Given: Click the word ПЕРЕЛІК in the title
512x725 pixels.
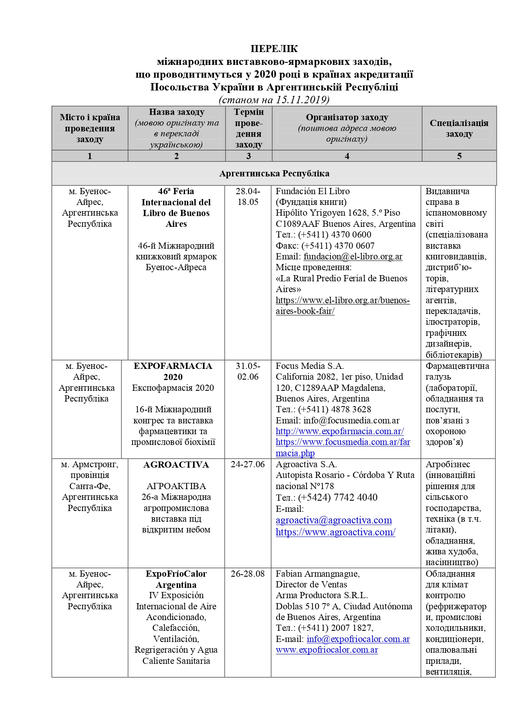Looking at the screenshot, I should pos(274,49).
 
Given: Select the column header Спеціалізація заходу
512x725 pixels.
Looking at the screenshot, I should pos(459,128).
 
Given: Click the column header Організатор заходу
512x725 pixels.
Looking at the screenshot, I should pos(347,117).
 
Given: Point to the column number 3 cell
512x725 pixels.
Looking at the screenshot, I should pos(249,156).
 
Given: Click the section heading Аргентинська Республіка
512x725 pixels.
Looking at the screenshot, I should pos(274,173).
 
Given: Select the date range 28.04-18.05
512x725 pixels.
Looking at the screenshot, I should pos(248,197).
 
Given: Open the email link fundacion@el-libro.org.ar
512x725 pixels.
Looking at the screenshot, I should pos(353,257).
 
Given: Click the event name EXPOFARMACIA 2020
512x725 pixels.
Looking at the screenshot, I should pos(173,371).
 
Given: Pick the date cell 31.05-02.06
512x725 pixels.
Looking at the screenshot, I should pos(248,371).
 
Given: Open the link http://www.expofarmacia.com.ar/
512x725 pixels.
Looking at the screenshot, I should pos(340,431).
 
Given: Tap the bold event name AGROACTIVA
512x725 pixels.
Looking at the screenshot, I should pos(176,465).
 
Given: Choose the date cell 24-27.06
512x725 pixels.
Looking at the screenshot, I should pos(248,464).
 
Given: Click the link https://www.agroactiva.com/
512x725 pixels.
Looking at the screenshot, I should pos(335,532).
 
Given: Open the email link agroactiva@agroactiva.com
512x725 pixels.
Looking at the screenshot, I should pos(334,520).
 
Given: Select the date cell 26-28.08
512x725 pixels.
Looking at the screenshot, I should pos(248,574).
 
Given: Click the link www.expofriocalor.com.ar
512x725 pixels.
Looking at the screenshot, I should pos(327,650).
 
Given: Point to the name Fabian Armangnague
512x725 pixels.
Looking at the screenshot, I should pos(317,574).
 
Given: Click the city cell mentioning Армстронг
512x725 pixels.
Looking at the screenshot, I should pos(90,486).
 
